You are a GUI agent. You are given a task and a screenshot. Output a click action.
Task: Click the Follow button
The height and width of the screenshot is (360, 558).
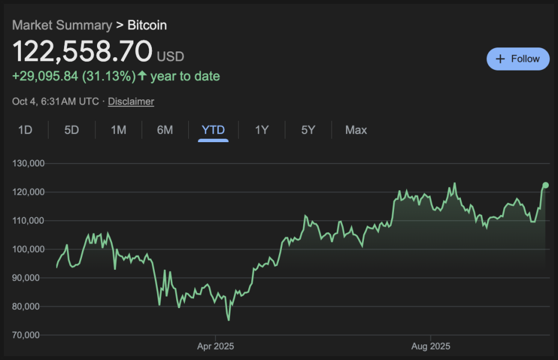tap(518, 59)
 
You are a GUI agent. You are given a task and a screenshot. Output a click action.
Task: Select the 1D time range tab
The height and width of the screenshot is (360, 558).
tap(25, 130)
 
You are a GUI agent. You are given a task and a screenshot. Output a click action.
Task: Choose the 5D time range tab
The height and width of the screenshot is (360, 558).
tap(72, 130)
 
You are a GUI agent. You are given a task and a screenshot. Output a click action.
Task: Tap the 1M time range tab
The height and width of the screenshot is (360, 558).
tap(118, 130)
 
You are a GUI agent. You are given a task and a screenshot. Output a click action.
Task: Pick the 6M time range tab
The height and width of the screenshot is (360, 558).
tap(165, 130)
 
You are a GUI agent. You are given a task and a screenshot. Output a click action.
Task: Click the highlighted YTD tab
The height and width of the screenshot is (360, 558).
tap(213, 130)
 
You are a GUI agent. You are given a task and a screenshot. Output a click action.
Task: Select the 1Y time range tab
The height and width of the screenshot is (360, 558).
tap(262, 130)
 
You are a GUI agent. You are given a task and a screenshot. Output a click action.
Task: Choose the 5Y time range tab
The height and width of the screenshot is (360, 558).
tap(308, 130)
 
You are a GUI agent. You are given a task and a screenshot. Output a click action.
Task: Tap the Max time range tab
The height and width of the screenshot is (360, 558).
tap(356, 130)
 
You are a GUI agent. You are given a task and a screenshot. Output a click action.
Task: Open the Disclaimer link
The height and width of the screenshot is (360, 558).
tap(131, 102)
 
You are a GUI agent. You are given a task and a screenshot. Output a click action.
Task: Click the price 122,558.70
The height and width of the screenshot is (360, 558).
tap(83, 51)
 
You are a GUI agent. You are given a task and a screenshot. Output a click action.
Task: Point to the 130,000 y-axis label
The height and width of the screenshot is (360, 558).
tap(28, 163)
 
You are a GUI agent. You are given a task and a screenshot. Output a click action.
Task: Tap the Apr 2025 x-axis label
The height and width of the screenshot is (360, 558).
tap(215, 347)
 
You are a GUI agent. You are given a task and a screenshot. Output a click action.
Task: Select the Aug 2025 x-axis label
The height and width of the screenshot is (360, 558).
tap(430, 347)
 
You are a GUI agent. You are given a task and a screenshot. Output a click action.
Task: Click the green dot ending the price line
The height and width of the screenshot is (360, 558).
tap(545, 185)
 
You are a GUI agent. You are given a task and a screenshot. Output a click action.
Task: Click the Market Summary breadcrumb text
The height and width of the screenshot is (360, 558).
tap(62, 25)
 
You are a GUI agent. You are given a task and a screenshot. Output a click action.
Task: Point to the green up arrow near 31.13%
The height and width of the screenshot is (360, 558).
tap(142, 76)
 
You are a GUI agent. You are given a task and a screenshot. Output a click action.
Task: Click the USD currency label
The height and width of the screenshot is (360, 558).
tap(170, 57)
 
